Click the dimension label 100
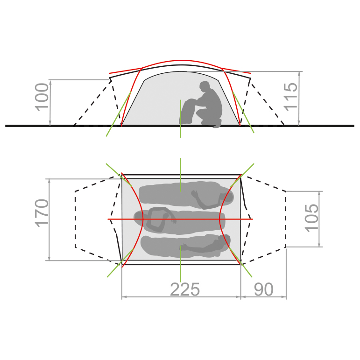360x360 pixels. tap(42, 97)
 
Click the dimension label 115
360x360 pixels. tap(290, 97)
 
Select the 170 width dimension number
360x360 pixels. tap(42, 213)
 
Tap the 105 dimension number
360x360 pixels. tap(311, 218)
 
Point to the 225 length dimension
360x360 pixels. tap(185, 289)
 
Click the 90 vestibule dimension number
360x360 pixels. tap(263, 289)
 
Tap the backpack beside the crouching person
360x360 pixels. tap(188, 111)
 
